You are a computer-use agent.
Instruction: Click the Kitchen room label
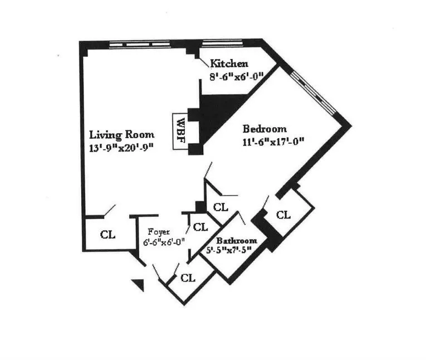[x=229, y=64]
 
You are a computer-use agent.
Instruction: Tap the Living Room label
[x=122, y=134]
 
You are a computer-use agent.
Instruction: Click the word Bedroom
[x=265, y=128]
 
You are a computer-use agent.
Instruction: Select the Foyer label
[x=156, y=231]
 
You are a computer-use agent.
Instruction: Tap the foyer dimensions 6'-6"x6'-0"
[x=164, y=242]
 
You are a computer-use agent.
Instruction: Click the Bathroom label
[x=236, y=241]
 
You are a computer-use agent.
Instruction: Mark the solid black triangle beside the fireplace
[x=214, y=114]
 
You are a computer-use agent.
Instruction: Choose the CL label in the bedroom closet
[x=283, y=215]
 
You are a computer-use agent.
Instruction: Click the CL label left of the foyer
[x=107, y=234]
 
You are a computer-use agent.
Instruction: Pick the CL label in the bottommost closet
[x=188, y=277]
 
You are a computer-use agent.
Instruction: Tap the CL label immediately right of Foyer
[x=199, y=227]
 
